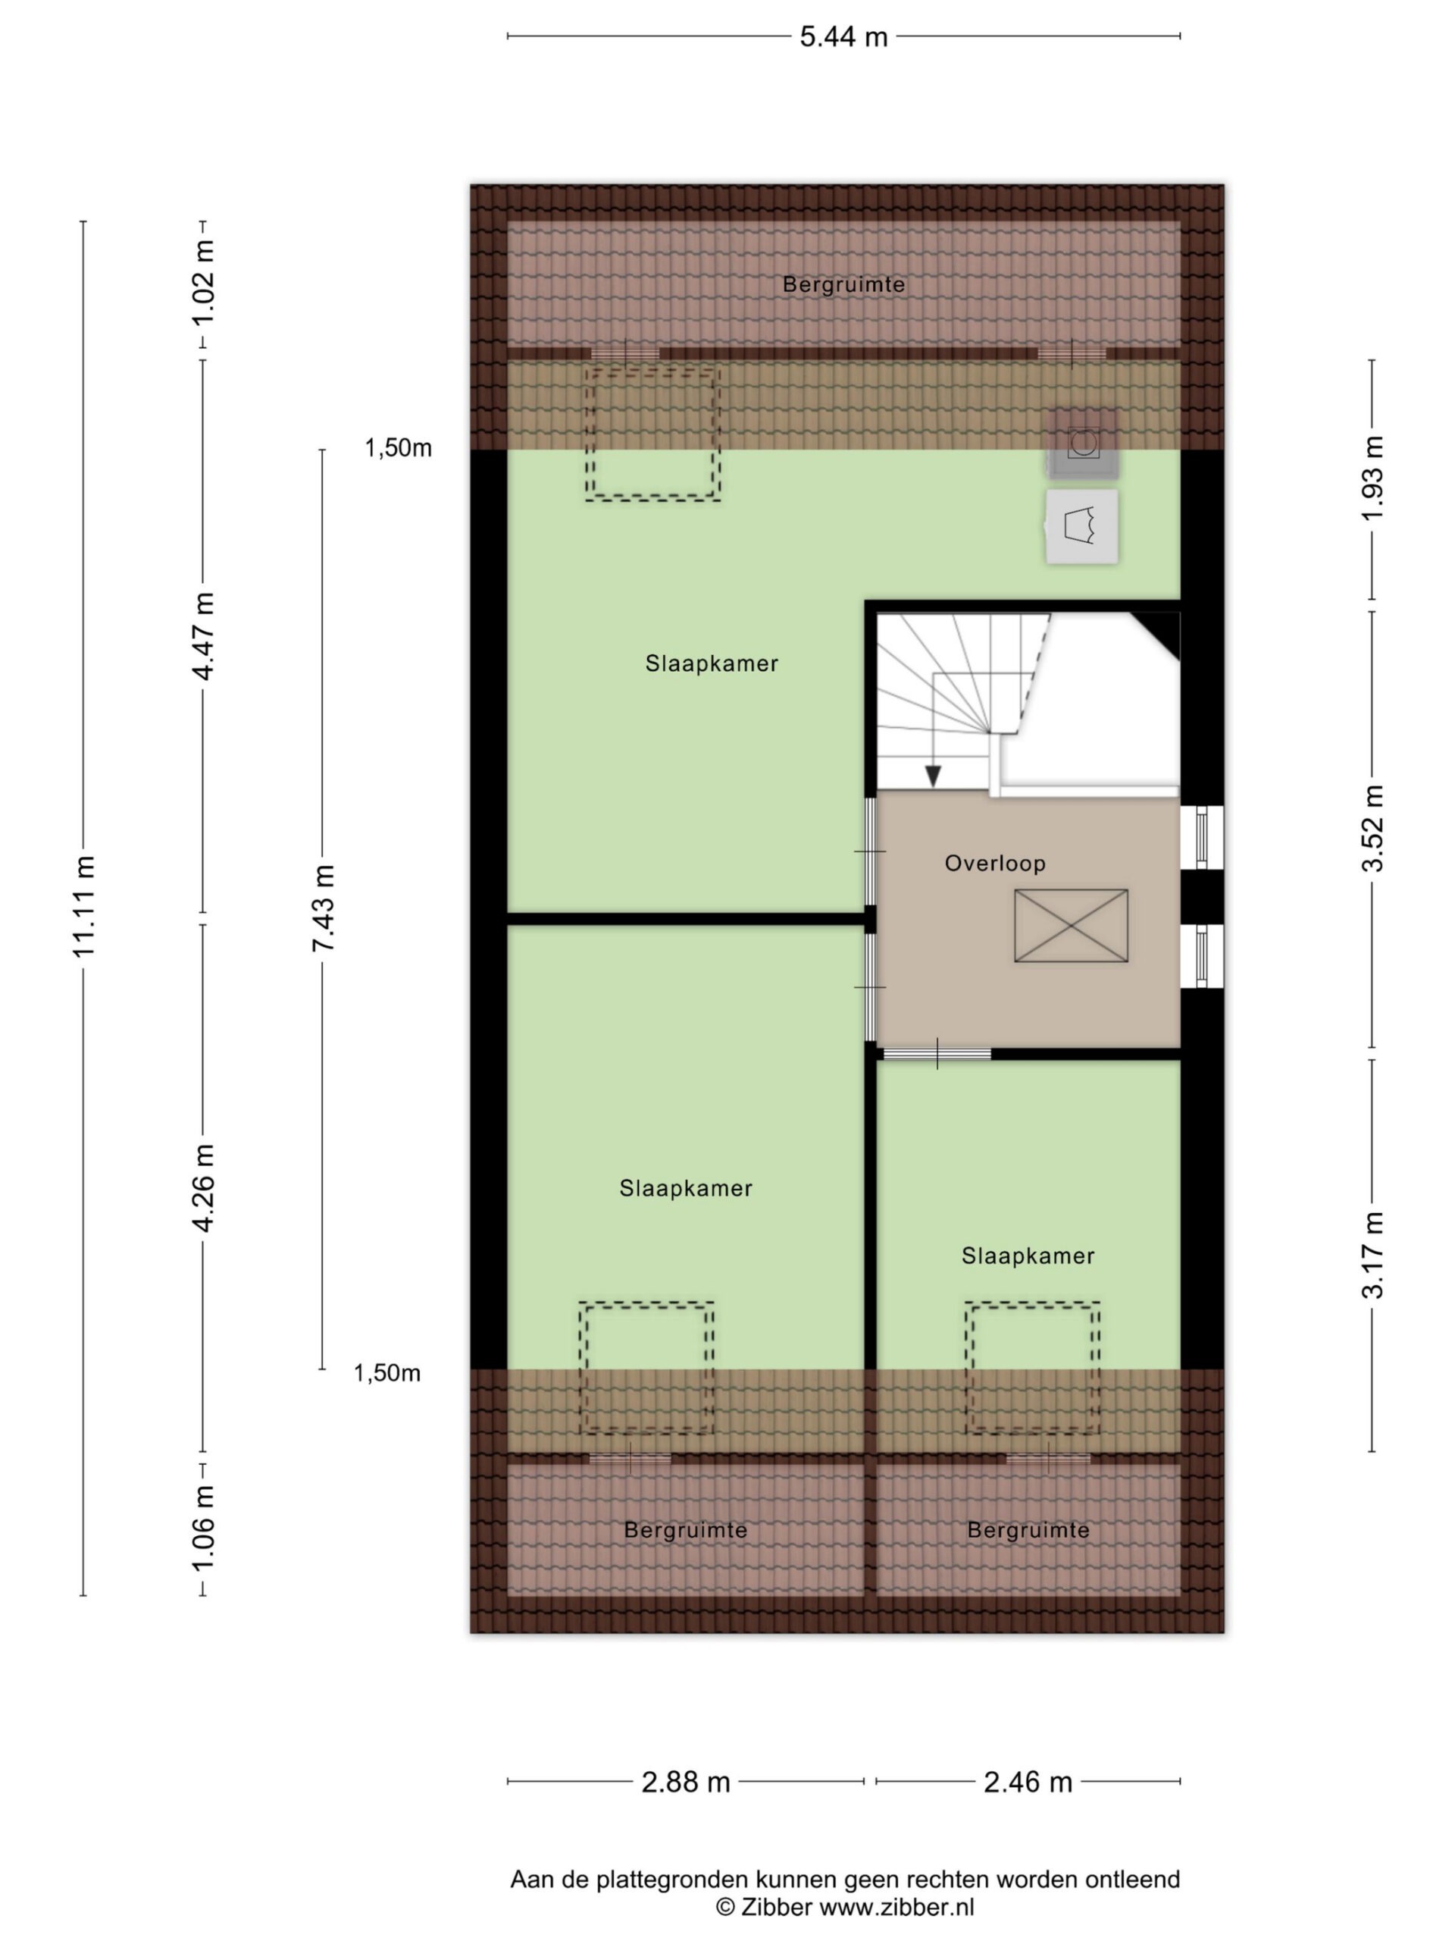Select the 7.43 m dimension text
pos(324,908)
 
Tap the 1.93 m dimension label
pos(1372,478)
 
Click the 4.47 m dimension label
pos(203,636)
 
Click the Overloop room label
pos(994,864)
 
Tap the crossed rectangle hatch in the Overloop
pos(1071,926)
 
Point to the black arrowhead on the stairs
pos(933,776)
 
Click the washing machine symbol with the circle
pos(1083,442)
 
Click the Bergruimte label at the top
pos(843,284)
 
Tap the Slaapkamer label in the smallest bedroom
pos(1028,1256)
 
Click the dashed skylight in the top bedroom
pos(653,434)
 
